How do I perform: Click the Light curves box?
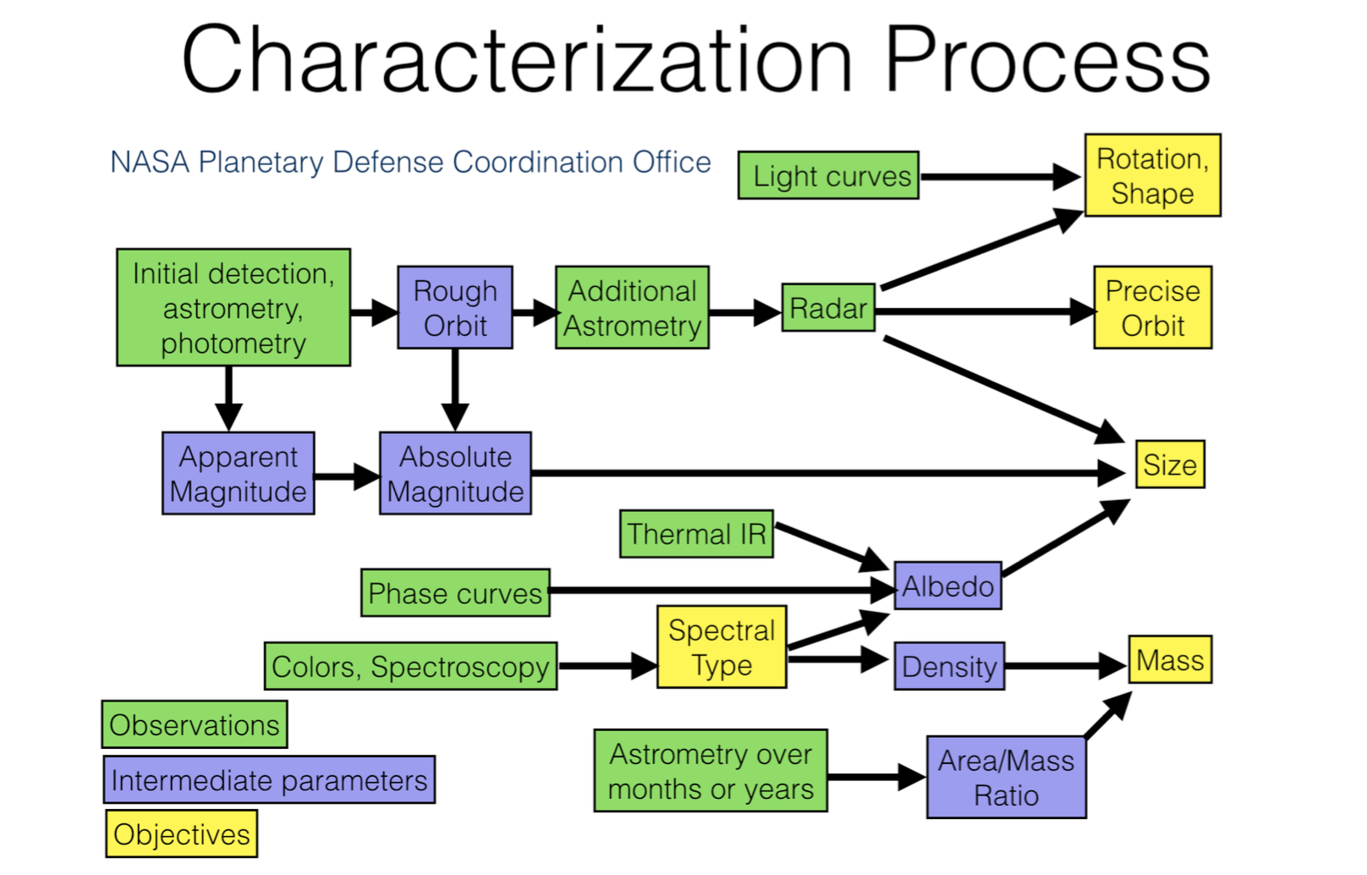coord(828,176)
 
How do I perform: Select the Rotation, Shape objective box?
coord(1152,175)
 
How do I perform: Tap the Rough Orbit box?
coord(455,308)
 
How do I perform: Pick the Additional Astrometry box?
coord(632,308)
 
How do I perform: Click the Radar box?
coord(828,308)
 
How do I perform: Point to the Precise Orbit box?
coord(1152,308)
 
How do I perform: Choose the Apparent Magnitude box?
coord(238,474)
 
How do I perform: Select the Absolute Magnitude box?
coord(455,474)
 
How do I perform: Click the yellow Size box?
coord(1170,465)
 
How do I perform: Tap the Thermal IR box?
coord(696,534)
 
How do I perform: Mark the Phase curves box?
coord(455,593)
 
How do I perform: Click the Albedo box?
coord(947,586)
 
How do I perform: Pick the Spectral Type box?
coord(722,647)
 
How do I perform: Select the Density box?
coord(949,666)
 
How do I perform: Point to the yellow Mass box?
coord(1170,660)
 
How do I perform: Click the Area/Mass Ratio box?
coord(1006,778)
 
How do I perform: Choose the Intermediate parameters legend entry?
coord(269,779)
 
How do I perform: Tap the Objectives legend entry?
coord(182,834)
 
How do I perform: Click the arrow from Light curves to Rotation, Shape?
coord(998,177)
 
